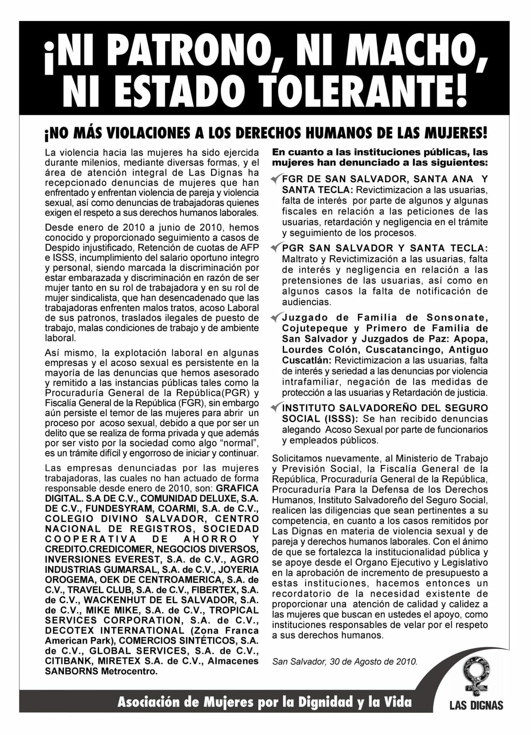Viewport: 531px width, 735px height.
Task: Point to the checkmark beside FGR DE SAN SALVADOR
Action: tap(276, 178)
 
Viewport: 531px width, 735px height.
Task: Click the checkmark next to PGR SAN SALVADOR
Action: tap(276, 248)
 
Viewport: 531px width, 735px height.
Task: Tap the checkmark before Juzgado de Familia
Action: tap(276, 317)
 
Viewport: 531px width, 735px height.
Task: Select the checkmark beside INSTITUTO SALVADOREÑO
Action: tap(276, 408)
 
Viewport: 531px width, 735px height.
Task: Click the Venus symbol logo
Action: tap(476, 676)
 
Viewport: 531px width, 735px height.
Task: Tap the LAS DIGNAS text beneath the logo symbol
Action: tap(476, 705)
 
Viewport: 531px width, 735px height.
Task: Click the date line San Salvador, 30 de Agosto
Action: tap(345, 661)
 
